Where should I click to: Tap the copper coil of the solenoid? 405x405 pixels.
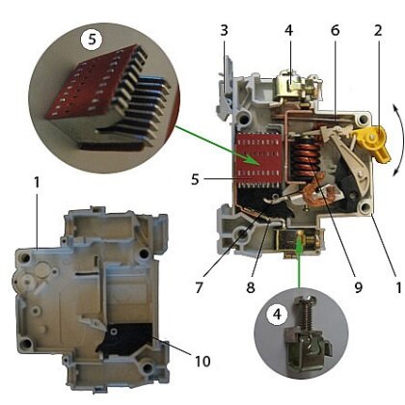(306, 157)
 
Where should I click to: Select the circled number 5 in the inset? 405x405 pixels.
(92, 40)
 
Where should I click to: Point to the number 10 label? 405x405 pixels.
(202, 361)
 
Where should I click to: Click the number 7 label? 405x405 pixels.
(199, 287)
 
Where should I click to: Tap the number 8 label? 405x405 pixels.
(251, 287)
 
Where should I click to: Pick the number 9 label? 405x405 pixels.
(358, 287)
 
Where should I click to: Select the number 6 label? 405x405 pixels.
(335, 30)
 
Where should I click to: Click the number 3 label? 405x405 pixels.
(224, 30)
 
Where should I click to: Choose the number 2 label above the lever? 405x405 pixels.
(378, 30)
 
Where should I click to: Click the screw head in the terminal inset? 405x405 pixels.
(306, 302)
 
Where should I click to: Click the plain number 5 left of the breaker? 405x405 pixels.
(195, 179)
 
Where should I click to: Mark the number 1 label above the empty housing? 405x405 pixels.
(37, 182)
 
